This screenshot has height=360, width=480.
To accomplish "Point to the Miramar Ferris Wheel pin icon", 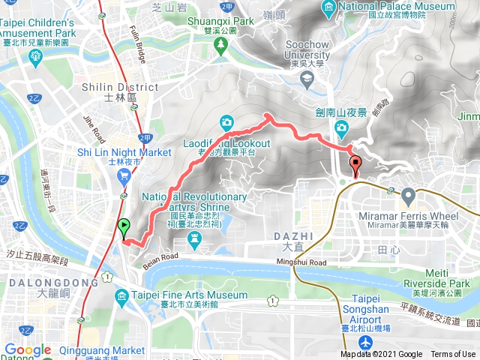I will (x=408, y=196).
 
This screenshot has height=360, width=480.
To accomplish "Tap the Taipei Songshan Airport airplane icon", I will (x=365, y=342).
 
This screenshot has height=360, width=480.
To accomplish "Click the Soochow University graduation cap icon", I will (x=306, y=78).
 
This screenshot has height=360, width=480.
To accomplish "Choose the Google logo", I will (x=27, y=350).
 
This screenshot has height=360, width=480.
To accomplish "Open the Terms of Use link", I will (x=453, y=355).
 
